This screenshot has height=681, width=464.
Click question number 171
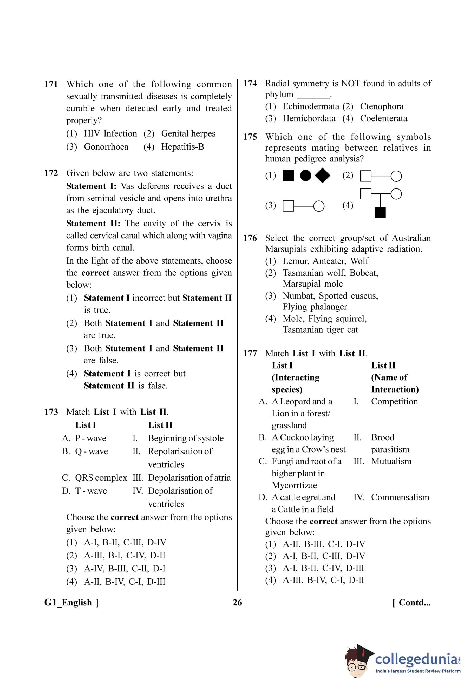coord(51,84)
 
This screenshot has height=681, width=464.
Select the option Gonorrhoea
coord(106,146)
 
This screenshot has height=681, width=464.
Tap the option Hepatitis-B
coord(182,146)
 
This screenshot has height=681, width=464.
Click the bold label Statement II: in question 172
coord(93,224)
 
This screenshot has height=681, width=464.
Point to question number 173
coord(51,412)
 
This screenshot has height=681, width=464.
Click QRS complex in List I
coord(101,478)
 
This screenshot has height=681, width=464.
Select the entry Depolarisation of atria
coord(189,478)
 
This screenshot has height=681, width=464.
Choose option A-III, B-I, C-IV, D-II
coord(124,555)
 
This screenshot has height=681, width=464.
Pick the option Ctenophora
coord(382,106)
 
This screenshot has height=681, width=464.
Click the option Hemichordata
coord(309,118)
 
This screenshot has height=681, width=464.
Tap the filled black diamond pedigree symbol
coord(322,176)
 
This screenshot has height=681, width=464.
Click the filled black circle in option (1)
coord(306,176)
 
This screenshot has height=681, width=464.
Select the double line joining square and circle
coord(304,206)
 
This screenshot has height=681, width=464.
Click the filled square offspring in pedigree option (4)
coord(380,212)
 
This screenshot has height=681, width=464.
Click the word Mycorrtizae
coord(294,485)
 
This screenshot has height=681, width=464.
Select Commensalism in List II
coord(400,497)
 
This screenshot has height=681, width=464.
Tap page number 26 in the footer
coord(237,603)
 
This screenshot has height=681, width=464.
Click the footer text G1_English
coord(68,603)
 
